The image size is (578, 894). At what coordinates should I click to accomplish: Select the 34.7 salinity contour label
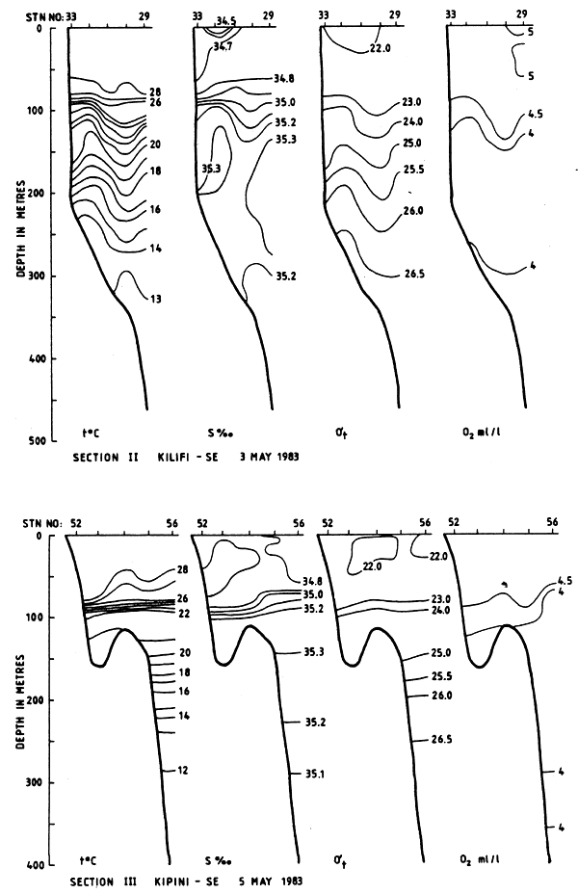(x=228, y=45)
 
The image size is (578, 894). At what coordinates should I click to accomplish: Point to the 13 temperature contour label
(x=155, y=300)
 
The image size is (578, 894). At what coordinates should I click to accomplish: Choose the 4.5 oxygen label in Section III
(x=565, y=582)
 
